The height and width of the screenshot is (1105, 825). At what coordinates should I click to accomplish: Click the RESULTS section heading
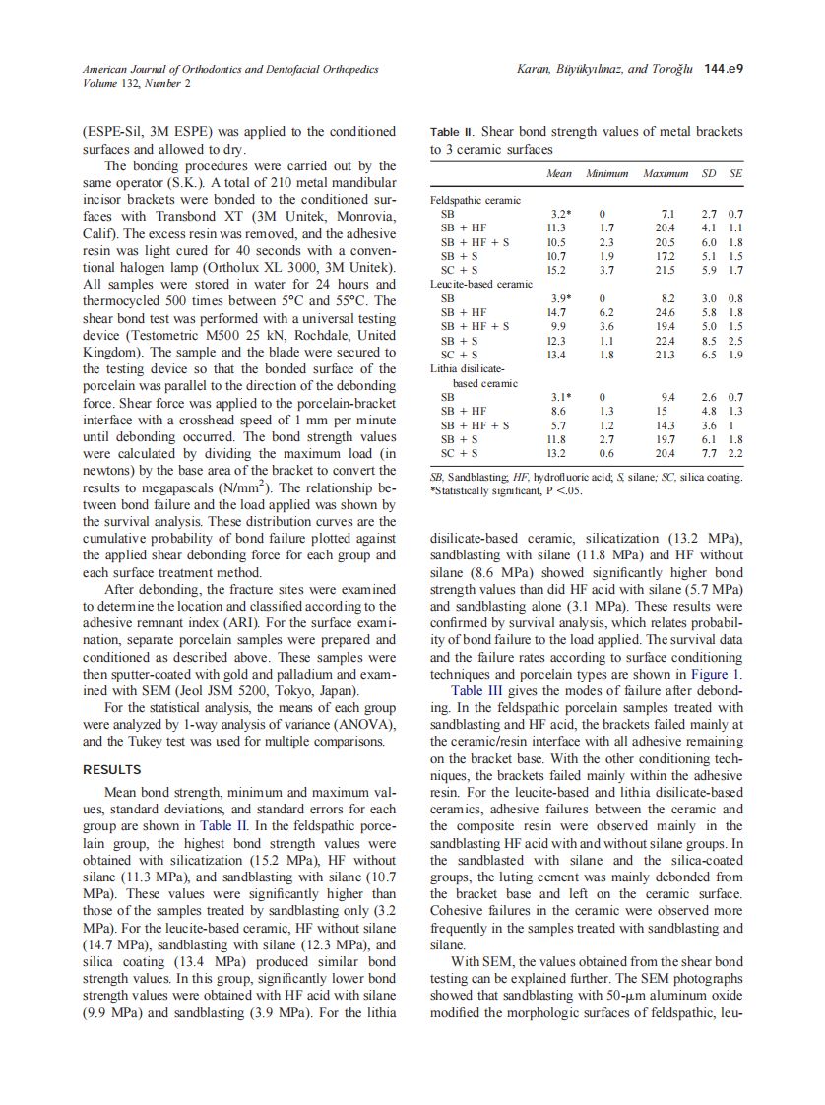[111, 769]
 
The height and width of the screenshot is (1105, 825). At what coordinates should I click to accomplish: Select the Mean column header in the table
[558, 173]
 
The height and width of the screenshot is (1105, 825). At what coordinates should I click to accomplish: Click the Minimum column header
[606, 173]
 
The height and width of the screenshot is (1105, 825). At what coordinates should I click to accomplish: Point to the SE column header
[734, 173]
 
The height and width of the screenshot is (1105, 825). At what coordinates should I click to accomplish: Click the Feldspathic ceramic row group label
[476, 200]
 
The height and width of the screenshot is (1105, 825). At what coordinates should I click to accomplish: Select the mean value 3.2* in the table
[560, 213]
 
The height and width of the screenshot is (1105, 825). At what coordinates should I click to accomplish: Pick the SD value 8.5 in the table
[708, 340]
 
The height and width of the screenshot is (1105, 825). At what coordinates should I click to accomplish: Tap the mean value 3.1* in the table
[560, 397]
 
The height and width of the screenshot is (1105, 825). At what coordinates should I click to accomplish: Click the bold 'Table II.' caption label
[453, 132]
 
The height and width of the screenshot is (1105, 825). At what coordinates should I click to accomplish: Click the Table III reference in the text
[480, 690]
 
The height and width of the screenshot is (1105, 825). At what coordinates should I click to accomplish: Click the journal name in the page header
[230, 69]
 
